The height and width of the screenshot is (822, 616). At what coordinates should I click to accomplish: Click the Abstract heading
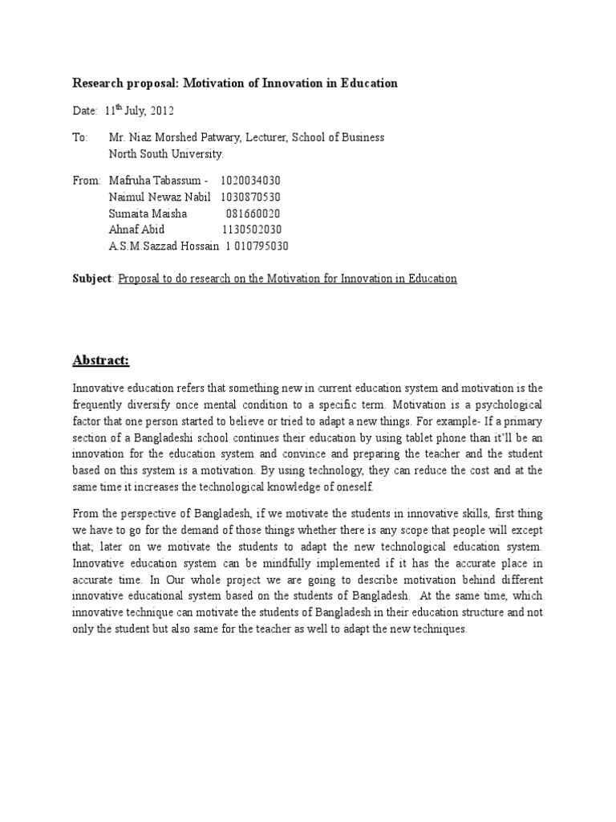pyautogui.click(x=101, y=360)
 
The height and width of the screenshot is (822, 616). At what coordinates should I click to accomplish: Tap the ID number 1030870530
pyautogui.click(x=250, y=197)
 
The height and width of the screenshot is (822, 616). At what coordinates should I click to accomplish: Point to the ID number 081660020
pyautogui.click(x=253, y=214)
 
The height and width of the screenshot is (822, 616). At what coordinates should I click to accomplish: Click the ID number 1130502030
pyautogui.click(x=251, y=230)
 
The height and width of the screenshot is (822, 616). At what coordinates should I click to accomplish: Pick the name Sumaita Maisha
pyautogui.click(x=148, y=214)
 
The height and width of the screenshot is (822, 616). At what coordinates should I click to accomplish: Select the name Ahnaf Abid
pyautogui.click(x=136, y=230)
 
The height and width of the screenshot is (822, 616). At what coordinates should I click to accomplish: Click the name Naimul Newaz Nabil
pyautogui.click(x=160, y=197)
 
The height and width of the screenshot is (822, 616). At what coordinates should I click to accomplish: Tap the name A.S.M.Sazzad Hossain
pyautogui.click(x=159, y=246)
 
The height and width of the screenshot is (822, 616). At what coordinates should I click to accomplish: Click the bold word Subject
pyautogui.click(x=92, y=279)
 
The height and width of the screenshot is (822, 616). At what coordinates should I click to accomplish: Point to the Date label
pyautogui.click(x=85, y=111)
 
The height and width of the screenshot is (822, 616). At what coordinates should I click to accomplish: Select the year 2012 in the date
pyautogui.click(x=160, y=111)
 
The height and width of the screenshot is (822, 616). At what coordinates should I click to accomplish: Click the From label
pyautogui.click(x=87, y=181)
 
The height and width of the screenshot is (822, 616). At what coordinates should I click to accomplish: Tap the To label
pyautogui.click(x=80, y=137)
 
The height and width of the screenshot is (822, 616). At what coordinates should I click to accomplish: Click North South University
pyautogui.click(x=166, y=153)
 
